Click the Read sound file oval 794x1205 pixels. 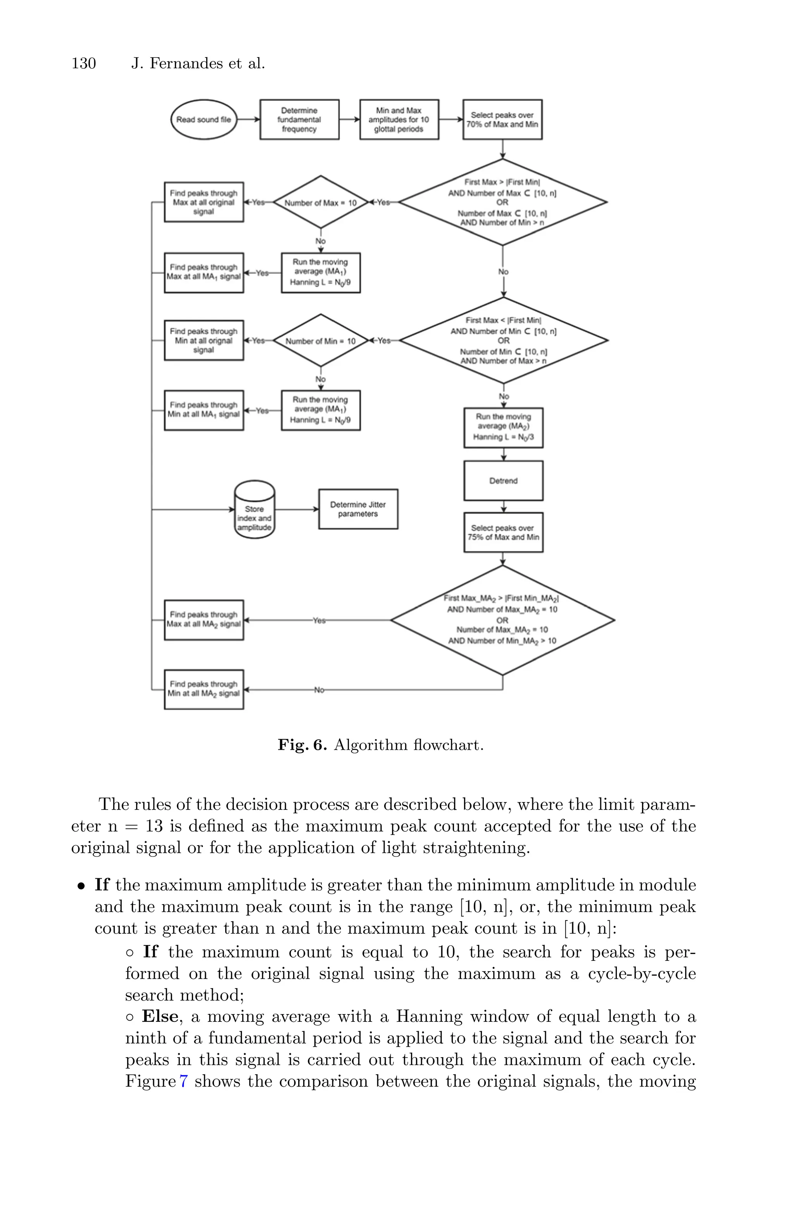[x=204, y=120]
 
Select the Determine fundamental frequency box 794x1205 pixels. [x=299, y=120]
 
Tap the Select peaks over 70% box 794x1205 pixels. [x=502, y=120]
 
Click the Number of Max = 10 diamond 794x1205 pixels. [x=321, y=203]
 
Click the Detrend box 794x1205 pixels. [x=503, y=481]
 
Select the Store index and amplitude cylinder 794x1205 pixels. [x=254, y=510]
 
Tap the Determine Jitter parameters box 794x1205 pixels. [x=358, y=509]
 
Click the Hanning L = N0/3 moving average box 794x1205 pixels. [x=503, y=428]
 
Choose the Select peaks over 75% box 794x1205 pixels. [x=503, y=532]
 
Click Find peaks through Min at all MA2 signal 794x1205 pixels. [x=204, y=689]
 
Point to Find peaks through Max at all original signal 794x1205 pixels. [x=204, y=202]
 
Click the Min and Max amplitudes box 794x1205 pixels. [x=399, y=120]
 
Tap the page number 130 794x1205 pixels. [x=84, y=63]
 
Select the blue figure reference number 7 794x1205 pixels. [x=183, y=1081]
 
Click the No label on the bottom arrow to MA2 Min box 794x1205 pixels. [x=319, y=690]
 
